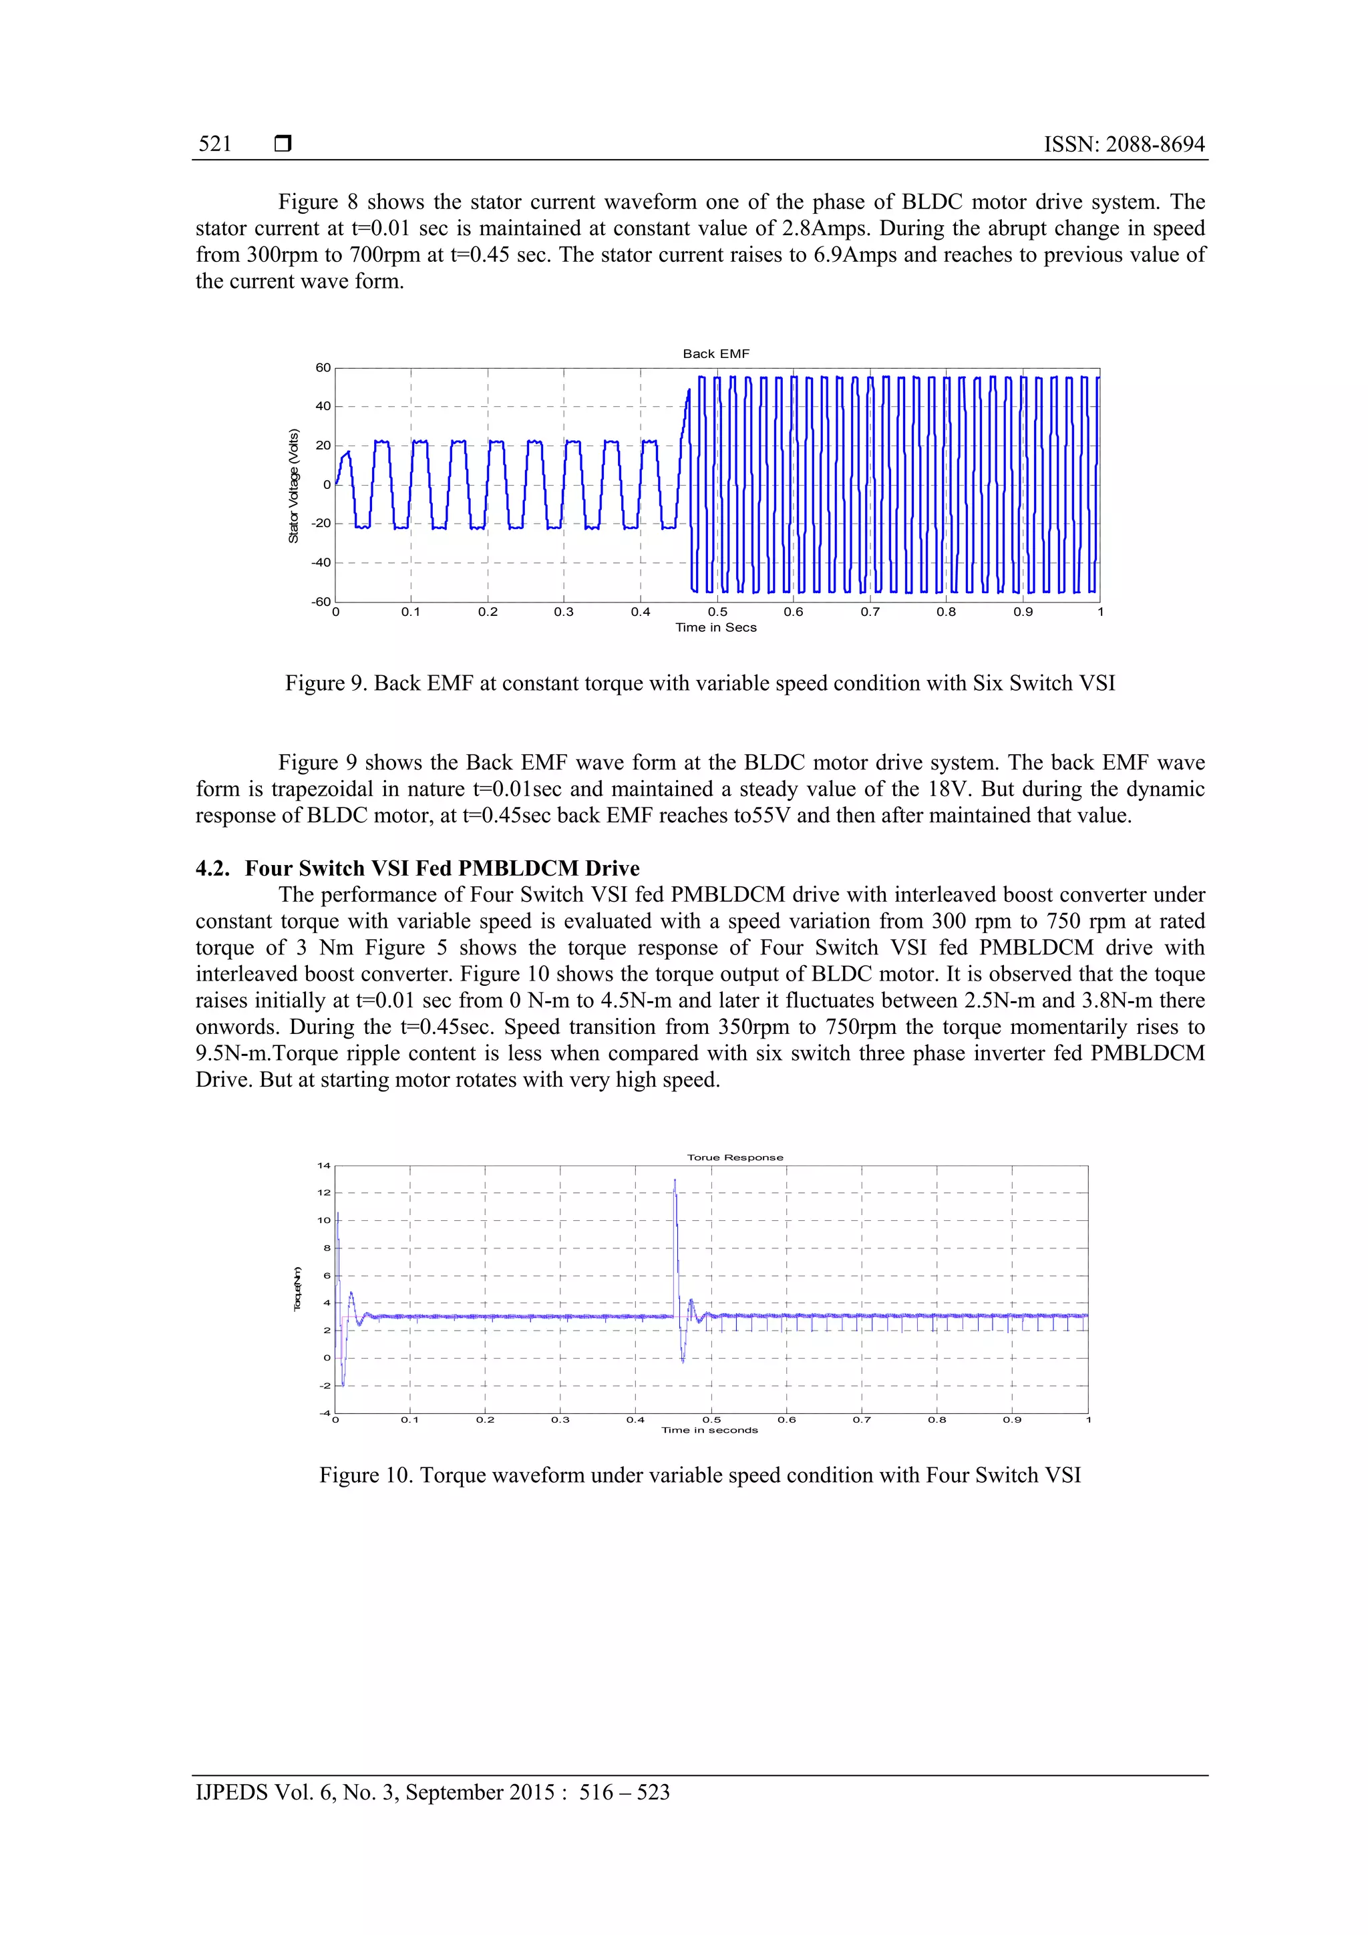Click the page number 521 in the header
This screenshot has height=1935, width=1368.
click(215, 144)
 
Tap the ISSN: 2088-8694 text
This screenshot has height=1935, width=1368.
click(1124, 144)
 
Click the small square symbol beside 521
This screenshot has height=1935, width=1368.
click(283, 144)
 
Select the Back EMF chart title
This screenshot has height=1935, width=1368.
click(715, 354)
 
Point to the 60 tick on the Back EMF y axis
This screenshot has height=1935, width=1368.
click(323, 367)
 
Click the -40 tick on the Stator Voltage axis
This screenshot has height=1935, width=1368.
click(321, 562)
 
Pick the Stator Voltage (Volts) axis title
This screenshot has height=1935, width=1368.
click(293, 486)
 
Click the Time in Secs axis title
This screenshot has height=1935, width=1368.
click(715, 627)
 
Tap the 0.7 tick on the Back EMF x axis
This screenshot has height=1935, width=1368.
click(870, 612)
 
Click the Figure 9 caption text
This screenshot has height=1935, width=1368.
click(699, 683)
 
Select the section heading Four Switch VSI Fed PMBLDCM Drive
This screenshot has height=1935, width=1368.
click(442, 868)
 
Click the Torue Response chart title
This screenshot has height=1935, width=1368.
click(735, 1157)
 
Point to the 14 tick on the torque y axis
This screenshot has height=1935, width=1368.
click(324, 1166)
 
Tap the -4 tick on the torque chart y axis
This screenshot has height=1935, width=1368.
click(325, 1413)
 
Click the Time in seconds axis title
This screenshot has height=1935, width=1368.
click(709, 1429)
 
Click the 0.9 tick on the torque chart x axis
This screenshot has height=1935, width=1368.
click(1011, 1419)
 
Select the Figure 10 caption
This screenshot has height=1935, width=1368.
click(699, 1475)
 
